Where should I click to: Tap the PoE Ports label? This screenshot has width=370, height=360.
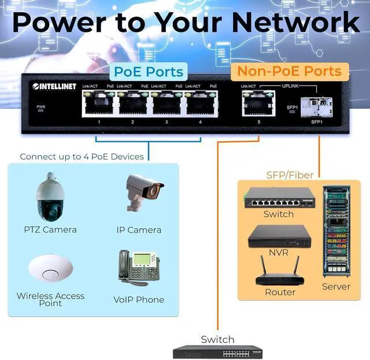pos(149,72)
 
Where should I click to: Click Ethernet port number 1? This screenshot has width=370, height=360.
pos(98,102)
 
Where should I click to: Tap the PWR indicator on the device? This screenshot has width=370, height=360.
pos(40,109)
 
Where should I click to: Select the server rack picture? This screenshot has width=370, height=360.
pos(336,232)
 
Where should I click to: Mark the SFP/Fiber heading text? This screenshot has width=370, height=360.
pos(290,175)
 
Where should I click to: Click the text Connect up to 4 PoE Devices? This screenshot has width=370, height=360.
pos(82,156)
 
